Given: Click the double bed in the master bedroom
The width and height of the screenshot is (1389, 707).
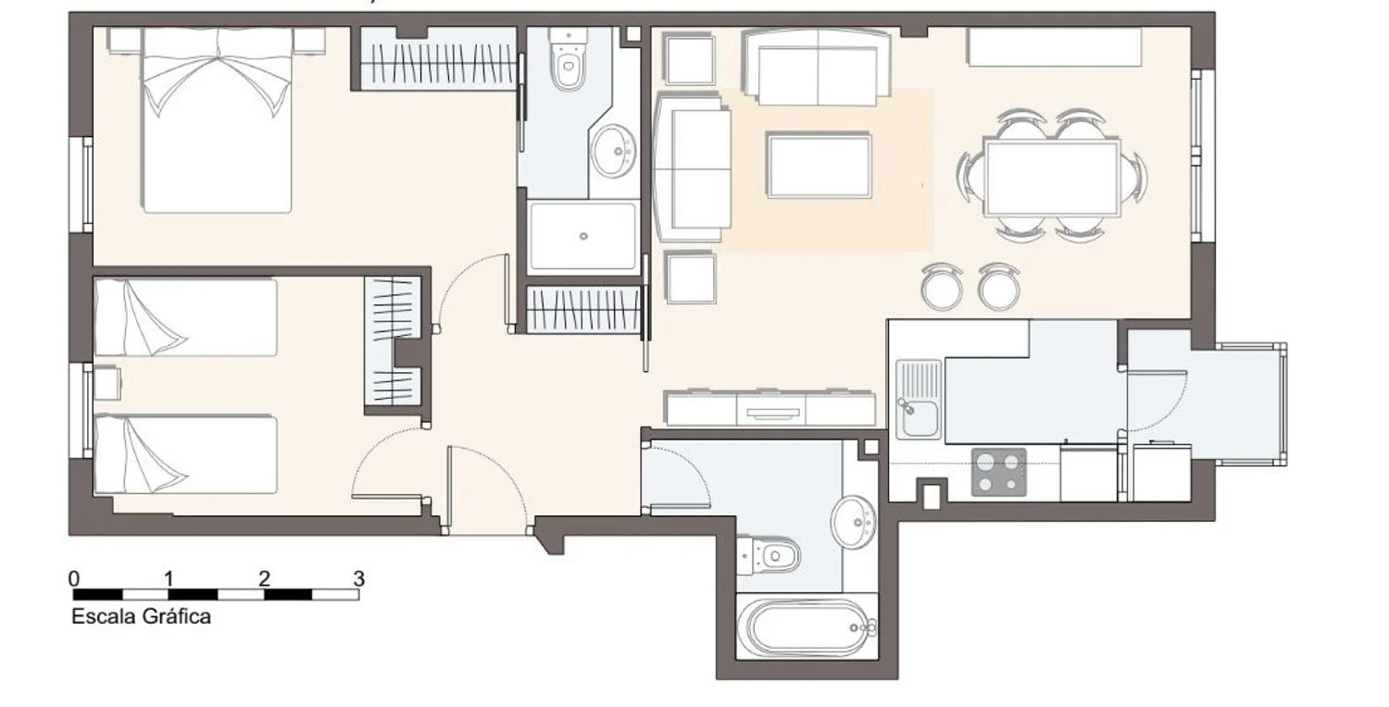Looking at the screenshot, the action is coord(217,121).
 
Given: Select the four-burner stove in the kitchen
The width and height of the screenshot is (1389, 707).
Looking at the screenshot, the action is coord(998,472).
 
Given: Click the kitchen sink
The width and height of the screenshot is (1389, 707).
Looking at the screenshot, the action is coord(919,399).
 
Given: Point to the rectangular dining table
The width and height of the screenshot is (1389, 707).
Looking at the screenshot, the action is coord(1052,179).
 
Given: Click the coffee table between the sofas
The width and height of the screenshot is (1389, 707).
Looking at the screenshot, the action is coord(820,165).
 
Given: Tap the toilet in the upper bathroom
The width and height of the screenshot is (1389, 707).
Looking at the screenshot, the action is coord(569,59).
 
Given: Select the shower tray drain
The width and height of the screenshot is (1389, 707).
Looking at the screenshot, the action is coord(582,236).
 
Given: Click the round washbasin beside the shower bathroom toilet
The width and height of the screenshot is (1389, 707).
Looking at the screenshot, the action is coord(613,151).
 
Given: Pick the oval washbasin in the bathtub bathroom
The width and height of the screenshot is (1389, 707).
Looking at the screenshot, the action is coord(854,522).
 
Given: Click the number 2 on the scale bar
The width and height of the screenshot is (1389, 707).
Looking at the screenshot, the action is coord(264,578).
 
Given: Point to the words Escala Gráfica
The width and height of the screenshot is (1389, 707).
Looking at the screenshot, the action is coord(142,616).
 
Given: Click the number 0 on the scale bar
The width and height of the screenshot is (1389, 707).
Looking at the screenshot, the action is coord(74,578).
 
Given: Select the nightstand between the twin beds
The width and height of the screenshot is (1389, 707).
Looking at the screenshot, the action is coord(106,383).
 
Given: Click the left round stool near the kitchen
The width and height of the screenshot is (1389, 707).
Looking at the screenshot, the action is coord(942,287).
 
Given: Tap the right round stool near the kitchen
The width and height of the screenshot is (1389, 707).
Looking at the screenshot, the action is coord(999,287).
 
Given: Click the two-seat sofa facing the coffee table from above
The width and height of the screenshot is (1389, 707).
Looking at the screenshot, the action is coord(818,68).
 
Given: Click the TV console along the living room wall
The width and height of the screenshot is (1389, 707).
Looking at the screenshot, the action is coord(770,408).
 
